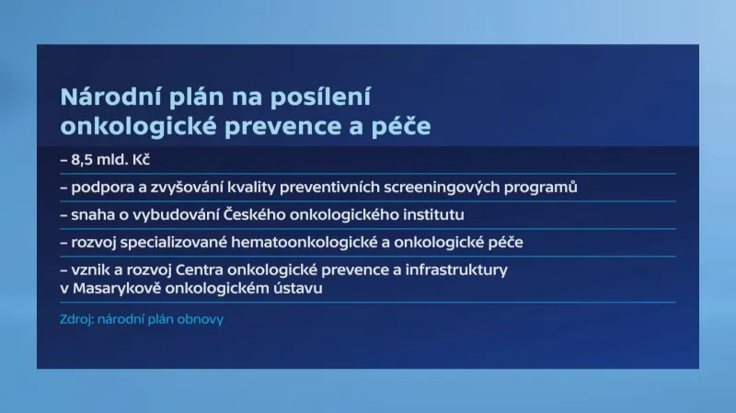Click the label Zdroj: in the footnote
[x=75, y=319]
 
